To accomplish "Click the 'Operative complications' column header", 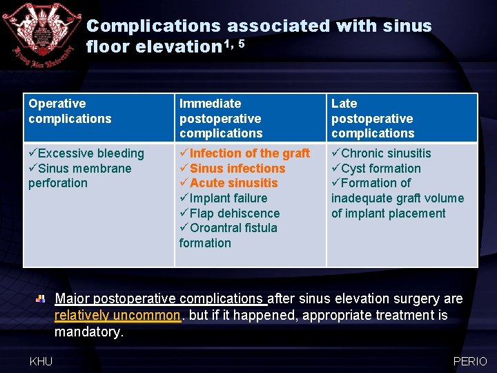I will pos(69,111).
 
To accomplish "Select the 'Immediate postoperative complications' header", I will pos(221,118).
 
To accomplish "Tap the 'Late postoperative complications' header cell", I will pos(373,118).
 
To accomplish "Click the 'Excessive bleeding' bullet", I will pos(86,153).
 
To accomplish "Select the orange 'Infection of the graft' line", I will pos(244,153).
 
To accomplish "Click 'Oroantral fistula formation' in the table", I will pos(228,235).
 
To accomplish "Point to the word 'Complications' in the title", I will pos(153,26).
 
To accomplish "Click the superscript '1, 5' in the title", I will pos(233,43).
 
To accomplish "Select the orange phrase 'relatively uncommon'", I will pos(117,316).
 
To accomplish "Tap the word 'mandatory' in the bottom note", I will pos(88,332).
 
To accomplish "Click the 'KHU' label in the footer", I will pos(41,361).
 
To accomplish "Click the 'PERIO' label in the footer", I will pos(470,361).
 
